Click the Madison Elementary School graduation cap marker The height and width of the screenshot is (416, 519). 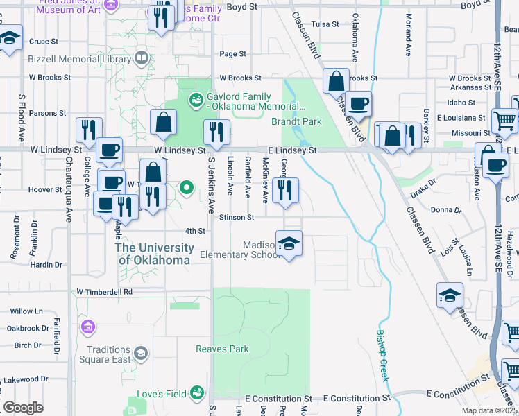[x=289, y=243]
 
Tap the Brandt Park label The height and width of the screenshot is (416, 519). [x=296, y=121]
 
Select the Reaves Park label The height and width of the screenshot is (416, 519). [x=222, y=349]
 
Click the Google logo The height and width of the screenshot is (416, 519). [x=23, y=408]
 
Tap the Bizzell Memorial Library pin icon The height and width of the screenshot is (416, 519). [x=142, y=57]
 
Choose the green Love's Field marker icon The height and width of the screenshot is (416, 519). [x=197, y=393]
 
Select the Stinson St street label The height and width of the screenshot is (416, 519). [x=237, y=217]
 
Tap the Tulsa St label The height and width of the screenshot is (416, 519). [x=325, y=24]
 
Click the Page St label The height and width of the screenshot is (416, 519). [x=232, y=54]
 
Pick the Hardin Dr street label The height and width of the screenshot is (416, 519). [x=46, y=264]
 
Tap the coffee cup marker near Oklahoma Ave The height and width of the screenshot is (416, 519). [x=358, y=104]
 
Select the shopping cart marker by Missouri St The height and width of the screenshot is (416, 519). [x=504, y=121]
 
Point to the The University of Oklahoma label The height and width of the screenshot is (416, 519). [x=154, y=254]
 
